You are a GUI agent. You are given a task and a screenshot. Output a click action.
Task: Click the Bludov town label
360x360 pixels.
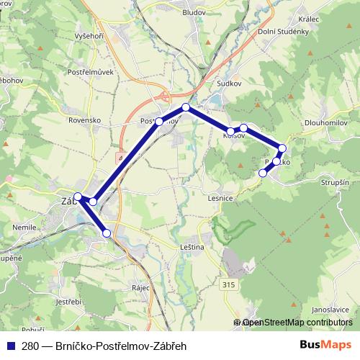tap(194, 13)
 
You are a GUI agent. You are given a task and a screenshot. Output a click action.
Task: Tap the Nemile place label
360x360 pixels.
tap(24, 228)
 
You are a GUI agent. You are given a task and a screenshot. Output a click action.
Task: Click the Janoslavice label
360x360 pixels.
tap(330, 310)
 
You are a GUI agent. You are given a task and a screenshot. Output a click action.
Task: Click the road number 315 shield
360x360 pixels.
tap(229, 286)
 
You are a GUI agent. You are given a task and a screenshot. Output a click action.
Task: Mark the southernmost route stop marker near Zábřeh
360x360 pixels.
tap(107, 233)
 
